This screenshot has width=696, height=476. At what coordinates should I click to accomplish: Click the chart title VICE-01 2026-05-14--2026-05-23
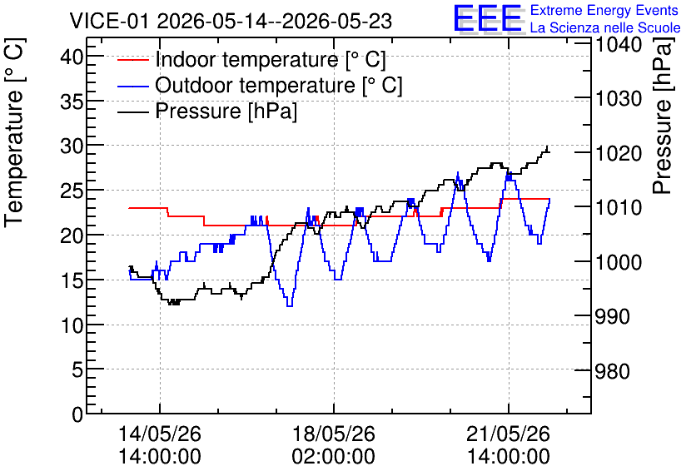pyautogui.click(x=231, y=21)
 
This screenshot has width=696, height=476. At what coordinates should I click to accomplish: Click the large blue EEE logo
pyautogui.click(x=488, y=18)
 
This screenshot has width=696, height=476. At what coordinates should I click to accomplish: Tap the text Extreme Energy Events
pyautogui.click(x=604, y=10)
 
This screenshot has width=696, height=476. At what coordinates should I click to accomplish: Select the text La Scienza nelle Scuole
pyautogui.click(x=605, y=27)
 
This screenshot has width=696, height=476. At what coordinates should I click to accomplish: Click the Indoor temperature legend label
pyautogui.click(x=271, y=59)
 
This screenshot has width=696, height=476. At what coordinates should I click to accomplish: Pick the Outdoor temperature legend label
pyautogui.click(x=279, y=85)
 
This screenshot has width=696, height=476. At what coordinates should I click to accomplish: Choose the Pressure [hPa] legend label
pyautogui.click(x=226, y=111)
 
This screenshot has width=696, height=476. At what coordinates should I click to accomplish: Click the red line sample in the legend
pyautogui.click(x=132, y=59)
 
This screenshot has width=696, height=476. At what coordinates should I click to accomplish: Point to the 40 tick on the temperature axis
pyautogui.click(x=72, y=57)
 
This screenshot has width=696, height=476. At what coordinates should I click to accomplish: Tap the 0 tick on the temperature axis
pyautogui.click(x=77, y=414)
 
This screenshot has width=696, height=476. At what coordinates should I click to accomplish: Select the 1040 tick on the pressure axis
pyautogui.click(x=619, y=44)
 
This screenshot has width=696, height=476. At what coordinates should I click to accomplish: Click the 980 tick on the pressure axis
pyautogui.click(x=613, y=371)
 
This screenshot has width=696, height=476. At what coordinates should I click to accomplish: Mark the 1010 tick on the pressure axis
pyautogui.click(x=619, y=207)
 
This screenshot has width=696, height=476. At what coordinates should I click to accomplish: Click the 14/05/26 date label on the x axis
pyautogui.click(x=160, y=434)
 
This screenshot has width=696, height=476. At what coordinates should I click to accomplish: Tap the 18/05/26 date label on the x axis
pyautogui.click(x=334, y=434)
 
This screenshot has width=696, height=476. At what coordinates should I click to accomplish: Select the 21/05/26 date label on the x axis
pyautogui.click(x=508, y=434)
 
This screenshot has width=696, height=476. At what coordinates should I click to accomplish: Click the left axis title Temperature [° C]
pyautogui.click(x=14, y=133)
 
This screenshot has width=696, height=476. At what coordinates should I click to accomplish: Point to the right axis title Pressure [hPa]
pyautogui.click(x=663, y=117)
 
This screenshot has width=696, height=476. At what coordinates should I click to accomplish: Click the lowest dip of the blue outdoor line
pyautogui.click(x=290, y=305)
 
